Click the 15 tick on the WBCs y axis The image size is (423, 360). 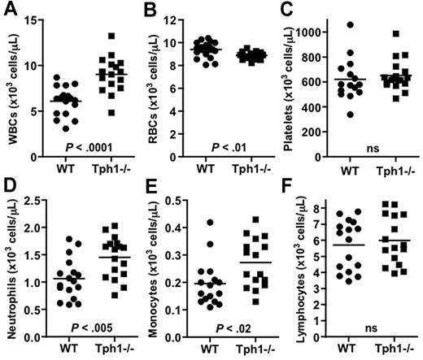point(37,20)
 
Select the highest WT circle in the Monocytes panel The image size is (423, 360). point(211,222)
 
